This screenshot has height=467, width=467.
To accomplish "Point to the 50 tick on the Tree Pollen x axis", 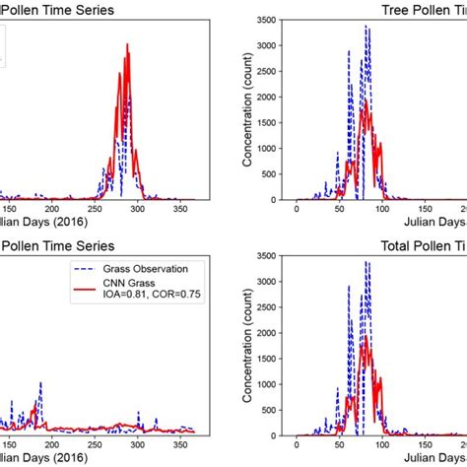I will tap(338, 210).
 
